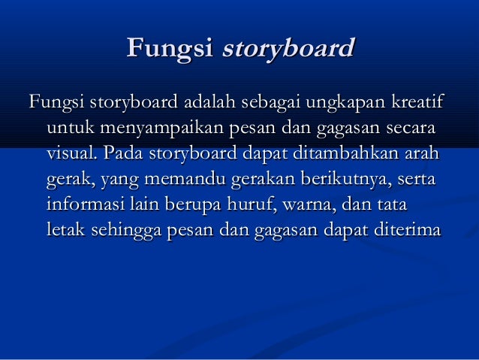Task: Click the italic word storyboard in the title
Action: (286, 50)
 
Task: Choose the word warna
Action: (312, 204)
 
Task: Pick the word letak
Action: (65, 230)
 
